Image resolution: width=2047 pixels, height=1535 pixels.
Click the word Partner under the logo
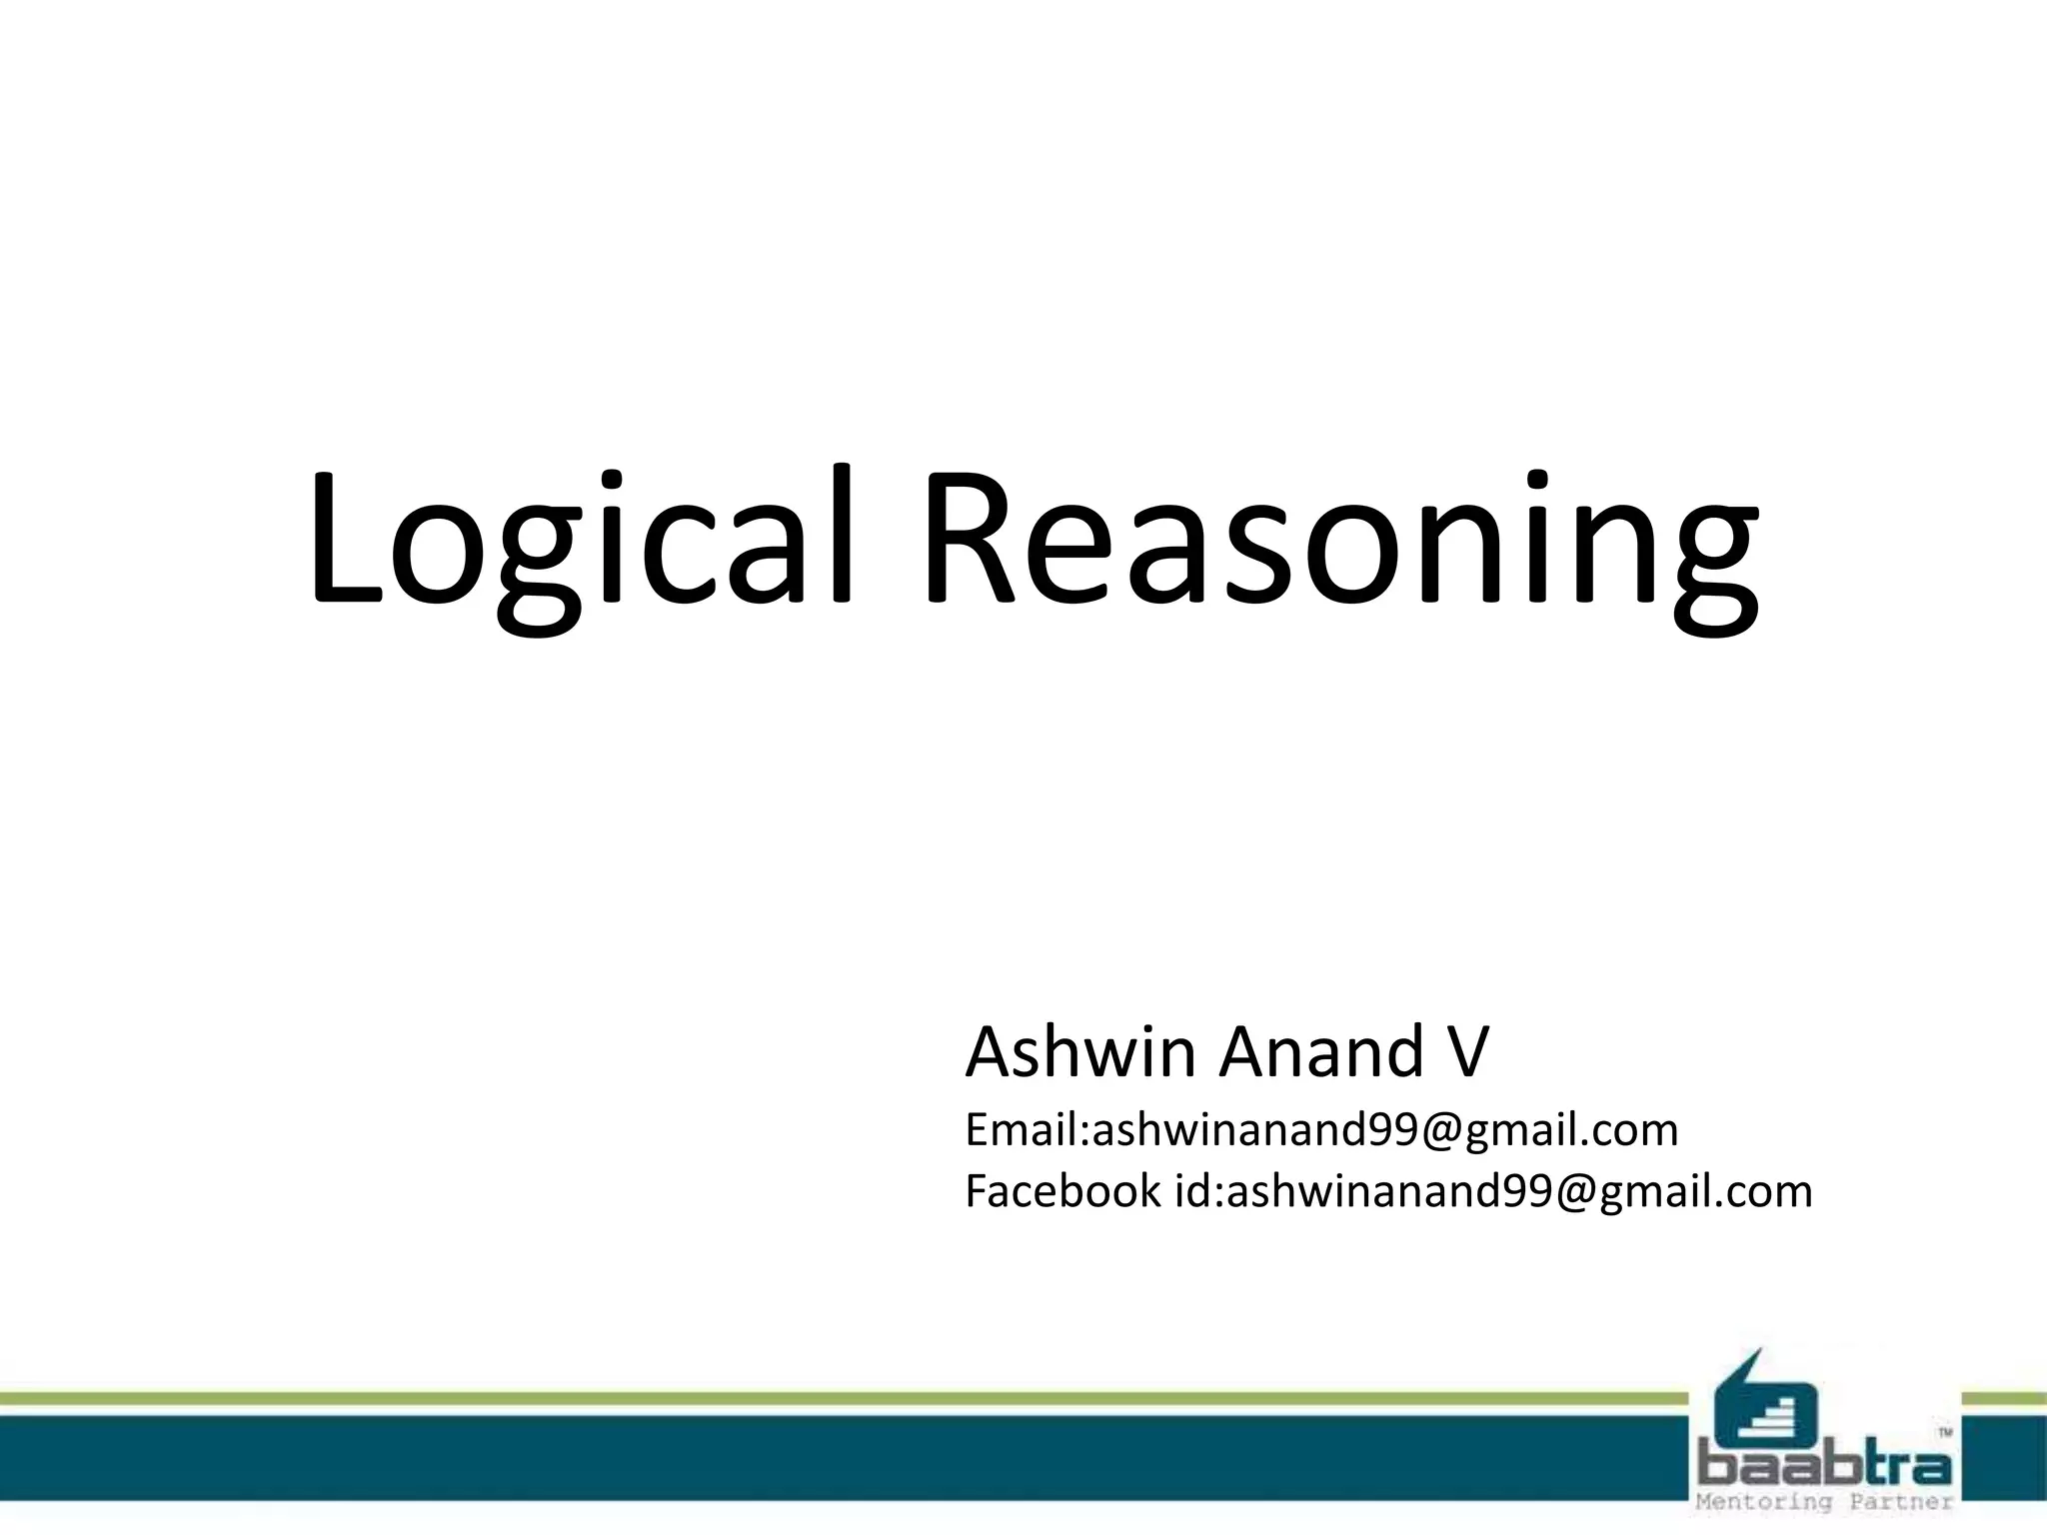click(1903, 1502)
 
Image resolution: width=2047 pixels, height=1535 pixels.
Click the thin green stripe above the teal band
click(800, 1399)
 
